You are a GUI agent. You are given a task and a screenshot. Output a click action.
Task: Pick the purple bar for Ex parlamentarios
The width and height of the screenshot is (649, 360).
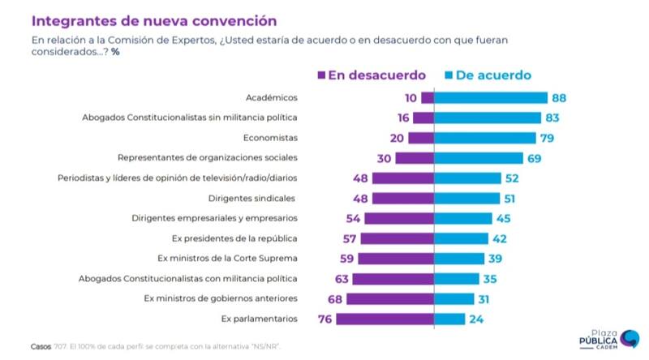click(385, 319)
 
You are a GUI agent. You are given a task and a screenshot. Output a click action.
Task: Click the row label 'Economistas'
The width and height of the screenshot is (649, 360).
click(273, 138)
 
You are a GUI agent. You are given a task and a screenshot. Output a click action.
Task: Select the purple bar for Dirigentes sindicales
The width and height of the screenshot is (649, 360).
click(404, 198)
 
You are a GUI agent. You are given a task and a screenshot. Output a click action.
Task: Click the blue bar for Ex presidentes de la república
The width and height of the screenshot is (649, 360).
click(461, 238)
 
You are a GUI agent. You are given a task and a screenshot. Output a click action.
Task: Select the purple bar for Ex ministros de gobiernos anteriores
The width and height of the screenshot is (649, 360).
click(390, 298)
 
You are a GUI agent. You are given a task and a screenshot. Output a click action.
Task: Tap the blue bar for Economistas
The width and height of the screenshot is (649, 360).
click(485, 138)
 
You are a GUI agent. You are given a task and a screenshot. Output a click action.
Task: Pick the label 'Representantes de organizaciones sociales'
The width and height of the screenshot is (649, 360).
click(208, 158)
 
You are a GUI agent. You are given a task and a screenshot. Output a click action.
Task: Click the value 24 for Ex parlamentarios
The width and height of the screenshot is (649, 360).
click(477, 319)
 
